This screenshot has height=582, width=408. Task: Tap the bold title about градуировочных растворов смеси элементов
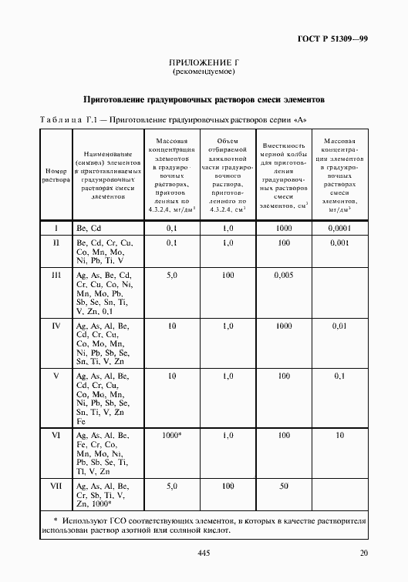pos(204,99)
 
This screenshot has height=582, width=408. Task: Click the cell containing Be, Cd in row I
pos(89,229)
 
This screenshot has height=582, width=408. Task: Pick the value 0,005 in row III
pos(284,275)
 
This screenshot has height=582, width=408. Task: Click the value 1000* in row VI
pos(172,436)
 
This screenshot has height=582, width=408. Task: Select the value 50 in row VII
pos(284,487)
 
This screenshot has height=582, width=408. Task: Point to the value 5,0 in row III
pos(172,275)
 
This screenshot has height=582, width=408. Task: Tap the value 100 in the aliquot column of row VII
pos(228,487)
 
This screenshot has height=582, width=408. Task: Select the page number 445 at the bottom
pos(204,554)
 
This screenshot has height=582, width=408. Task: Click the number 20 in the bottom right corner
pos(363,554)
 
